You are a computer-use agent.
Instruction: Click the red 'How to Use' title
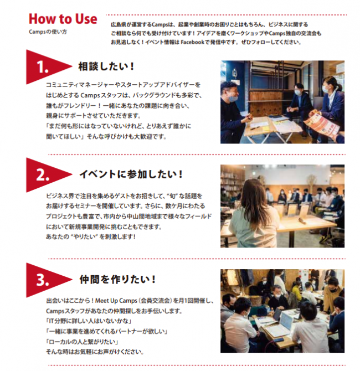click(x=63, y=19)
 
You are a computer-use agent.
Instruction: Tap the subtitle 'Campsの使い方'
click(x=48, y=32)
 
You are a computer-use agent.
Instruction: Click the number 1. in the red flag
click(x=43, y=67)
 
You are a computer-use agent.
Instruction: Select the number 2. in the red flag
click(x=43, y=176)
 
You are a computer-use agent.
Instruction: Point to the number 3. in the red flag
click(x=43, y=280)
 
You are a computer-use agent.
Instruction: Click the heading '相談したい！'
click(x=106, y=66)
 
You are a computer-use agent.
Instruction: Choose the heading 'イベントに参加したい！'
click(x=131, y=174)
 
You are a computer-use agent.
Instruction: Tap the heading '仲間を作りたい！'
click(x=118, y=280)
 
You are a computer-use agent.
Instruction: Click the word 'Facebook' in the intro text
click(x=192, y=42)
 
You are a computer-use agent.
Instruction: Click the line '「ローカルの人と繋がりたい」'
click(x=82, y=342)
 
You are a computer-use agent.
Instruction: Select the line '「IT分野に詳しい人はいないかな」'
click(x=89, y=321)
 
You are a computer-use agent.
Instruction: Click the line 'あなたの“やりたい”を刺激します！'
click(x=91, y=236)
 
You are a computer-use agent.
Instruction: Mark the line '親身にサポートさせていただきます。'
click(x=94, y=116)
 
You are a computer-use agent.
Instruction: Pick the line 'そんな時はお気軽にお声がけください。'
click(x=95, y=352)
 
